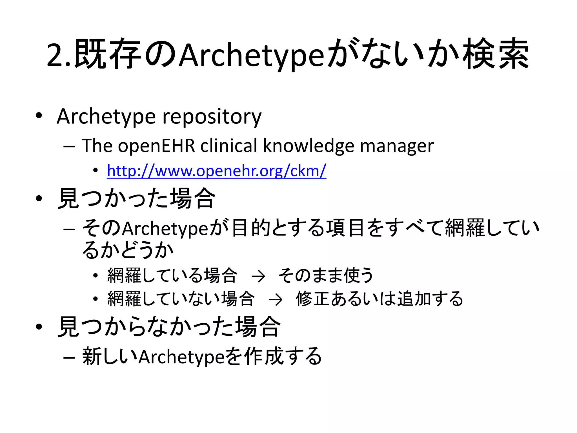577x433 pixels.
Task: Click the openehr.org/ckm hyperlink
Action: (x=216, y=171)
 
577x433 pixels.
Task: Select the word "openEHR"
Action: (x=156, y=146)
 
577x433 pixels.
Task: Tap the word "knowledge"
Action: (x=308, y=146)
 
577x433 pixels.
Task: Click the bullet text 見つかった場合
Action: (x=136, y=199)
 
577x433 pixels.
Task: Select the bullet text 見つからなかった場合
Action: (x=169, y=327)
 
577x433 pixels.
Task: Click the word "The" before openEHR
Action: (x=97, y=146)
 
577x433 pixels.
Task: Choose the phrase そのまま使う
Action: (x=326, y=275)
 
